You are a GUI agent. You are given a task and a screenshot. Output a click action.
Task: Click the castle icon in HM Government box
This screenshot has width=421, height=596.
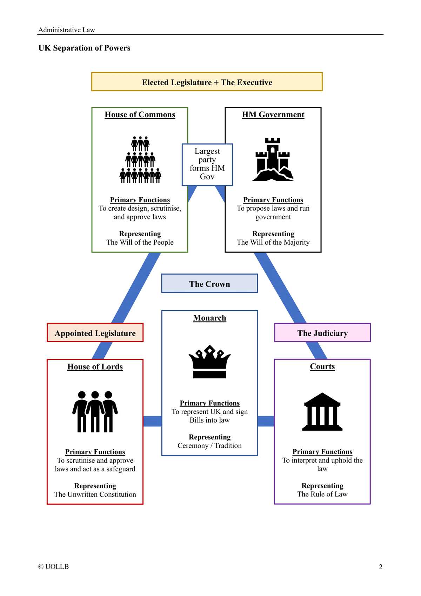(273, 159)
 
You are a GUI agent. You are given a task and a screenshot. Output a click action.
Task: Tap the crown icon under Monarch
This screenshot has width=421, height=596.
(209, 362)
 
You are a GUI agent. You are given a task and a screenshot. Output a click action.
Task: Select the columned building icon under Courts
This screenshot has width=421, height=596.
(322, 412)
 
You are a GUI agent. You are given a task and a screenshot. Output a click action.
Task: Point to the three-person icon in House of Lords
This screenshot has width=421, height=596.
(95, 412)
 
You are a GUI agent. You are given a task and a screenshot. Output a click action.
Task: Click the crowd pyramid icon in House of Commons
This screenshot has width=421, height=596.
(140, 160)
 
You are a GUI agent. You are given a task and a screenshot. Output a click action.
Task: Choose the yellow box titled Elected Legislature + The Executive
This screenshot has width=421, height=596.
(207, 82)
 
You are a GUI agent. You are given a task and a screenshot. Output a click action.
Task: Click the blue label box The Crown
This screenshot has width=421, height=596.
(209, 283)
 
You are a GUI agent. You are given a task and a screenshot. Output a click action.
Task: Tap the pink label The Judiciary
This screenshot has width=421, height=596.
(322, 333)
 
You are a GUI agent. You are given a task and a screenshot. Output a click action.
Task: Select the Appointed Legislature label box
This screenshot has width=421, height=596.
(95, 333)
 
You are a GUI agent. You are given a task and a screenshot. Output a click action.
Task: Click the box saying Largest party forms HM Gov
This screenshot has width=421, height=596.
(207, 164)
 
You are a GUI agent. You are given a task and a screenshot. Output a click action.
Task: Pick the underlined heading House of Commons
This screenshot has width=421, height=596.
(140, 115)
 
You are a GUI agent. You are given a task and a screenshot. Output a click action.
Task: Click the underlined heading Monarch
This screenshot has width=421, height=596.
(209, 318)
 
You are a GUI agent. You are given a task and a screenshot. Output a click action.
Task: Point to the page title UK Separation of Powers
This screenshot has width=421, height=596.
(84, 48)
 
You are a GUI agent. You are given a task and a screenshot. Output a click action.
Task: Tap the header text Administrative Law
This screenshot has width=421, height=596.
(67, 30)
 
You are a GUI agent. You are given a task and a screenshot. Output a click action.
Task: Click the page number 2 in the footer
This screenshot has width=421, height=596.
(381, 567)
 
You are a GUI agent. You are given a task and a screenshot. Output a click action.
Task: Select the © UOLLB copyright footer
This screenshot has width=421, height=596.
(53, 567)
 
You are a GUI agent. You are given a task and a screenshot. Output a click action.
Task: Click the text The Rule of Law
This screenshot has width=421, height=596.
(322, 494)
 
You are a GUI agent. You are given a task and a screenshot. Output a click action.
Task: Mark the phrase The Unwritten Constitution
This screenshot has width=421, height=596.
(95, 494)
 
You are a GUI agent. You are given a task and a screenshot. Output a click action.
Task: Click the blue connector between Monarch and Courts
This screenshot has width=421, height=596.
(266, 421)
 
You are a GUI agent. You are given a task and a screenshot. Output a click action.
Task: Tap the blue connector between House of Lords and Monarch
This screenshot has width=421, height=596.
(152, 421)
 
